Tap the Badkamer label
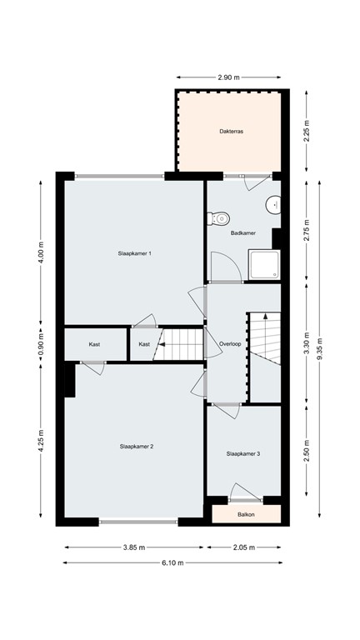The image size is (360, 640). tap(242, 233)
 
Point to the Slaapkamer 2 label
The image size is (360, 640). tap(137, 447)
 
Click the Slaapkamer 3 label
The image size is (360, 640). tap(243, 453)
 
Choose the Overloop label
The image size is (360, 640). tap(231, 343)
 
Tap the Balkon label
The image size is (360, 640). tap(247, 514)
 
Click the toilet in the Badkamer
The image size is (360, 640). tap(219, 219)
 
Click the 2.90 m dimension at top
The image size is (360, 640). tap(228, 77)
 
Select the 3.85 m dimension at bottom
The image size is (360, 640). tap(134, 547)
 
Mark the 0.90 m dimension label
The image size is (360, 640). tap(39, 343)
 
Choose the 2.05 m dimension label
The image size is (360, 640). tap(244, 547)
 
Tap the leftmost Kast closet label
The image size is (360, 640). tap(95, 343)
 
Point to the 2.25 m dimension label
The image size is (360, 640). tap(307, 132)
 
